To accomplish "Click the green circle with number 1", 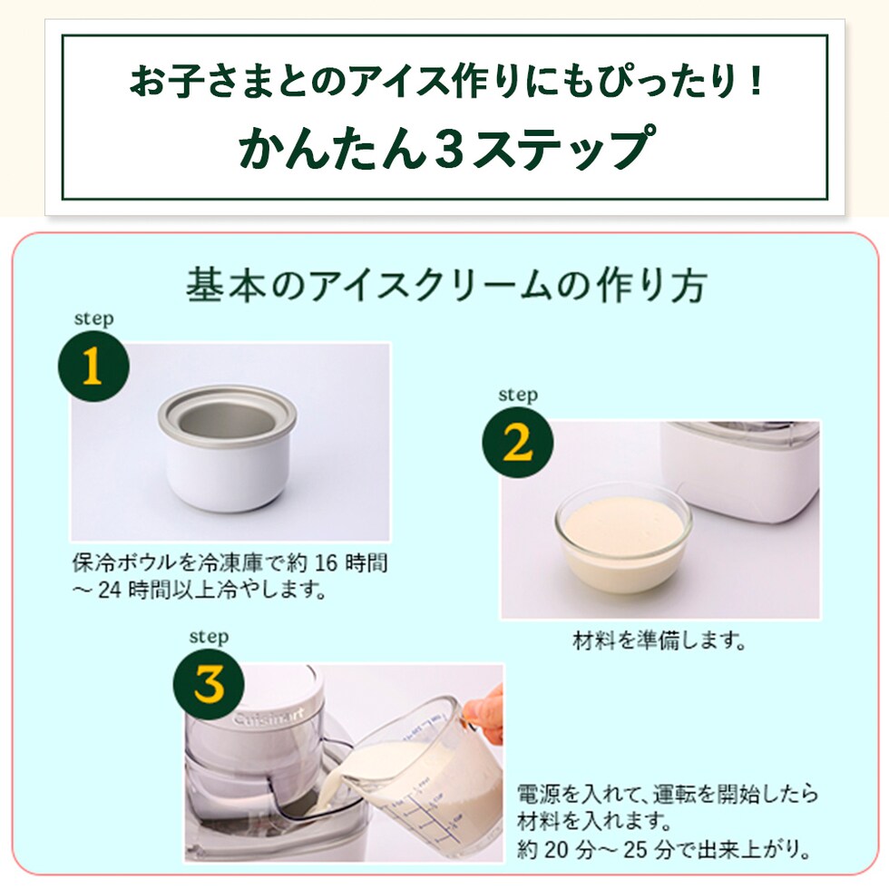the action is (x=93, y=366).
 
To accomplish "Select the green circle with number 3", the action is (x=209, y=684).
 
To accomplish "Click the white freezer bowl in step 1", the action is (x=228, y=448).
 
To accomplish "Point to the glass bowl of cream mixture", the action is (x=624, y=537).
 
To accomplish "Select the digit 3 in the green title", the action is (x=450, y=148).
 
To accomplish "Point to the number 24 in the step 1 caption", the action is (x=110, y=591).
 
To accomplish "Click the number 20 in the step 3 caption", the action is (x=556, y=850).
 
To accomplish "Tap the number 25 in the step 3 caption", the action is (x=636, y=850).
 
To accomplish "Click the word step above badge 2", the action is (x=518, y=395).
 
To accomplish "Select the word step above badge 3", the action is (x=209, y=637).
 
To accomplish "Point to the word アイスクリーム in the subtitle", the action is (x=432, y=285).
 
